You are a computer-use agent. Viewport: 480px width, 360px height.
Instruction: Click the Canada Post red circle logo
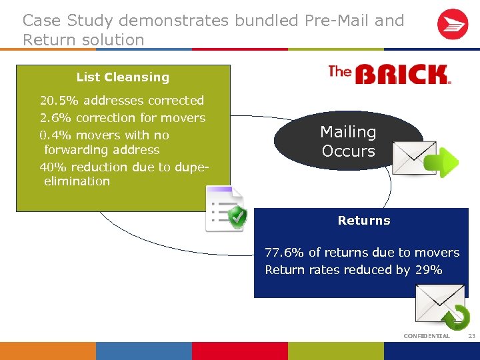(x=453, y=25)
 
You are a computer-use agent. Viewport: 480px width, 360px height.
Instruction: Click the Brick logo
(x=389, y=74)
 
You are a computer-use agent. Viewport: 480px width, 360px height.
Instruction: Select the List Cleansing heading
(x=123, y=77)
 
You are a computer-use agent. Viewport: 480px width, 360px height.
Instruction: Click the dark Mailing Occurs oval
(x=347, y=141)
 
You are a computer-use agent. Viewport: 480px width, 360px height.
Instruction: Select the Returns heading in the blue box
(x=364, y=221)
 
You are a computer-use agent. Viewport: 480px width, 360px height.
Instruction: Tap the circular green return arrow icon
(x=457, y=316)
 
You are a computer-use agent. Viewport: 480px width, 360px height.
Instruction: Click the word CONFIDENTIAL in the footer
(x=427, y=335)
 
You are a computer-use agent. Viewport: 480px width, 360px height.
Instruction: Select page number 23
(x=471, y=335)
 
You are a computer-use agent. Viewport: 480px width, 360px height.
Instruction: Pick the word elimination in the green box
(x=77, y=181)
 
